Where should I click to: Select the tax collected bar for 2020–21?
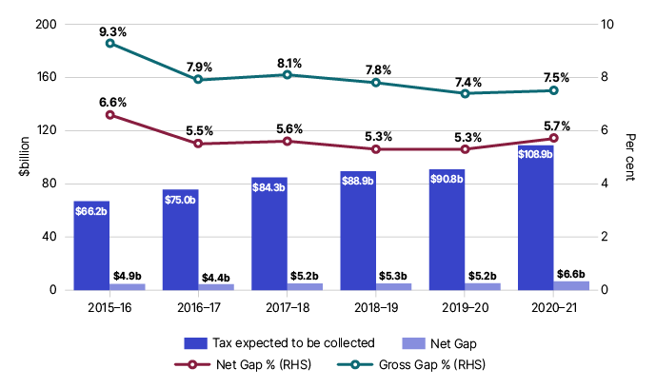536,218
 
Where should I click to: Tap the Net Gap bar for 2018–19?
393,286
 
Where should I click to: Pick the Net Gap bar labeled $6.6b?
571,285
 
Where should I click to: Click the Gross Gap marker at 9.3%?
109,43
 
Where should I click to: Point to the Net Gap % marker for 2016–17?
198,144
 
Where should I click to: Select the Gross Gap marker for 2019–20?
465,93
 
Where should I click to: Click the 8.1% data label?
288,64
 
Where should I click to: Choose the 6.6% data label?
110,102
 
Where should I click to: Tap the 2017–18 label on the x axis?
288,308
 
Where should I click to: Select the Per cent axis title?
636,157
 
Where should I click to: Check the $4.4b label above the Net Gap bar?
215,277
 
